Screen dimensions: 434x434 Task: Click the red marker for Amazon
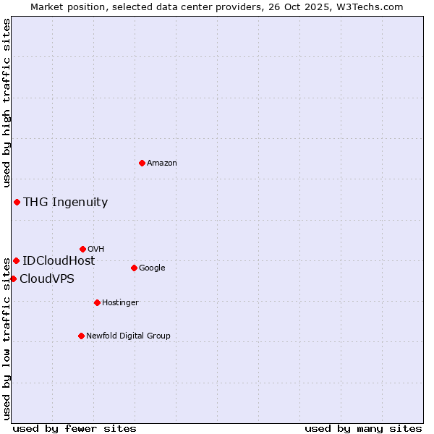(x=142, y=163)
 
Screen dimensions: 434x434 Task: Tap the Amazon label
(x=162, y=163)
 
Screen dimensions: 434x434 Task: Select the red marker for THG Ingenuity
(x=17, y=202)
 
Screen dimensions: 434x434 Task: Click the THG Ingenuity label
(x=65, y=203)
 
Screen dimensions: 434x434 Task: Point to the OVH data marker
(x=82, y=249)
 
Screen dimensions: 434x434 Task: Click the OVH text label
(x=96, y=250)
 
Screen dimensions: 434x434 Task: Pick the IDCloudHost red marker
(x=16, y=260)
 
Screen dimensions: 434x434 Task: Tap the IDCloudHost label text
(x=59, y=261)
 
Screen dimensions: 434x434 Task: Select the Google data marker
(x=134, y=268)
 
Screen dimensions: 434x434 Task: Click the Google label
(x=152, y=268)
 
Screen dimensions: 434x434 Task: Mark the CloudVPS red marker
(x=13, y=278)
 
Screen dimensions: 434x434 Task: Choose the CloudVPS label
(x=47, y=279)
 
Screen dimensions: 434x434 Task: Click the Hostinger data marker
(x=97, y=302)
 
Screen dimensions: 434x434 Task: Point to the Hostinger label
(x=120, y=303)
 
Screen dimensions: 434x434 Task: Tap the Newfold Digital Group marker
(x=81, y=336)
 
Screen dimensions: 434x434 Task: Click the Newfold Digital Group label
(x=128, y=336)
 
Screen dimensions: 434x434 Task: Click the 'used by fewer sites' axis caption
(x=75, y=428)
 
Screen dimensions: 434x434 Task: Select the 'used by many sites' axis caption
(x=363, y=428)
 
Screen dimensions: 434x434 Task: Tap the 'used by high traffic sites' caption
(x=7, y=101)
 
